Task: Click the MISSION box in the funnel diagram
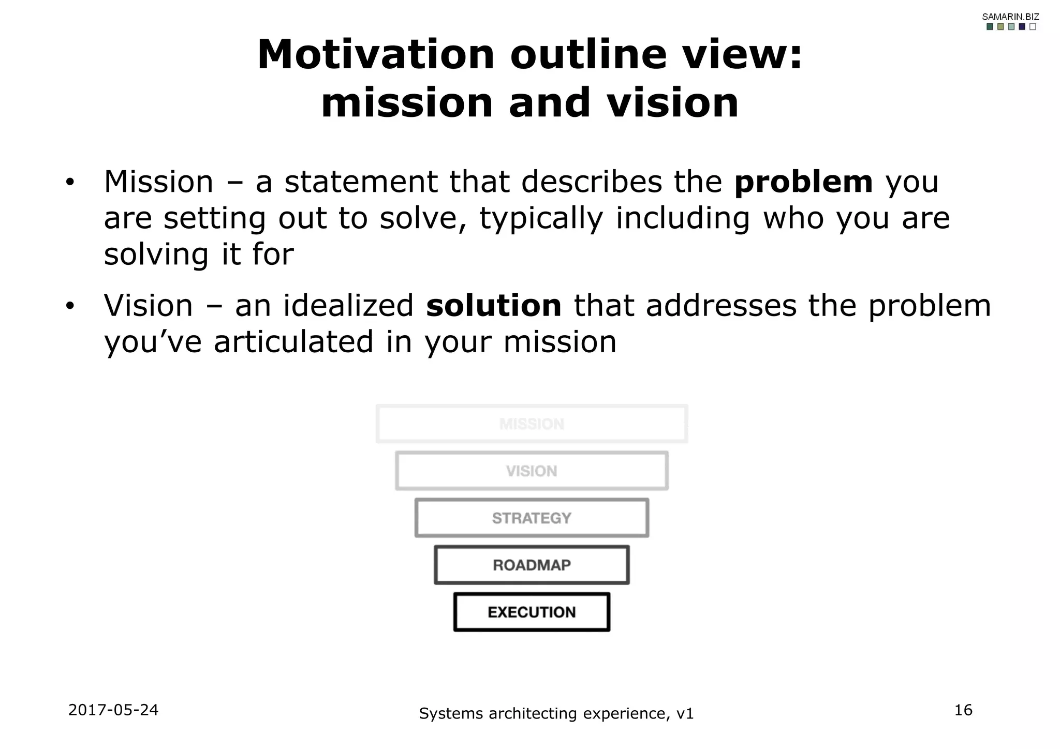(x=532, y=424)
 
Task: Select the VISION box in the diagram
(x=532, y=471)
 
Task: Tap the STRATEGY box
(x=532, y=518)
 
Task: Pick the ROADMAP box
(x=532, y=565)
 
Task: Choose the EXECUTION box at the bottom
(x=532, y=612)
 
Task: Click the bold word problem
(x=803, y=182)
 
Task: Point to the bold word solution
(x=493, y=305)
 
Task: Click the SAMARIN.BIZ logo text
(x=1010, y=17)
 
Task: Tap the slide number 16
(x=963, y=710)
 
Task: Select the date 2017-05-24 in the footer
(x=113, y=710)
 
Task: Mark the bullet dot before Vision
(x=70, y=306)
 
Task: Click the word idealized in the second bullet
(x=348, y=305)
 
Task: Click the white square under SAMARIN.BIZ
(x=1033, y=27)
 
